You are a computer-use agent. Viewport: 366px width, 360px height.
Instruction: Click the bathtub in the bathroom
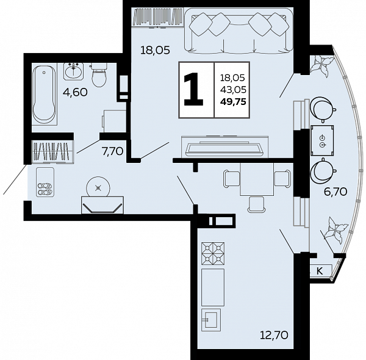point(45,94)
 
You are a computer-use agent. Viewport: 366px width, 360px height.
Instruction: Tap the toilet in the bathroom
point(99,74)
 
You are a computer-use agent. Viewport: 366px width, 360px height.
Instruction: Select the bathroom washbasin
point(73,71)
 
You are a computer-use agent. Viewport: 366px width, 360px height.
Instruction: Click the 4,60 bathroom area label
point(75,92)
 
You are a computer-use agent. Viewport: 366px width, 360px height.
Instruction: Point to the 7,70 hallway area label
point(112,151)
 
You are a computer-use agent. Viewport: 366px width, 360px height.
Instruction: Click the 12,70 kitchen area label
point(274,335)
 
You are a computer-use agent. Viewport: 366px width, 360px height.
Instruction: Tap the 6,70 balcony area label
point(335,192)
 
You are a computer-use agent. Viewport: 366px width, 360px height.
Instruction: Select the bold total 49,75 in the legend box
point(233,102)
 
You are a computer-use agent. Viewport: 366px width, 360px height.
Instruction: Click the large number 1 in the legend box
point(193,89)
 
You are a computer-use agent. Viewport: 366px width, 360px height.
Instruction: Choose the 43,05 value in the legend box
point(233,90)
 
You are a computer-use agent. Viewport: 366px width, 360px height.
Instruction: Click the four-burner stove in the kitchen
point(213,253)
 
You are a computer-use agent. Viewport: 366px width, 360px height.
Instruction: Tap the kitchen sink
point(211,320)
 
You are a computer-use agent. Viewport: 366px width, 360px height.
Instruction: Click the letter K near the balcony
point(319,271)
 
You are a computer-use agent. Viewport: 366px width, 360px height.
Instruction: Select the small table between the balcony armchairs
point(322,140)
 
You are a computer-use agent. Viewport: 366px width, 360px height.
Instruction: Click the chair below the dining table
point(256,204)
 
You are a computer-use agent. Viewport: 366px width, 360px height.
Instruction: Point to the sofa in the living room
point(238,31)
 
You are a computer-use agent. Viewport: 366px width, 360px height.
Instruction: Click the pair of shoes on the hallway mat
point(45,189)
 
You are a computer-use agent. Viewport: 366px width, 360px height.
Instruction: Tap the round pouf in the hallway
point(98,187)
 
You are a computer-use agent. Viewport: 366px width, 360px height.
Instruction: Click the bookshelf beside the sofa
point(157,17)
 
